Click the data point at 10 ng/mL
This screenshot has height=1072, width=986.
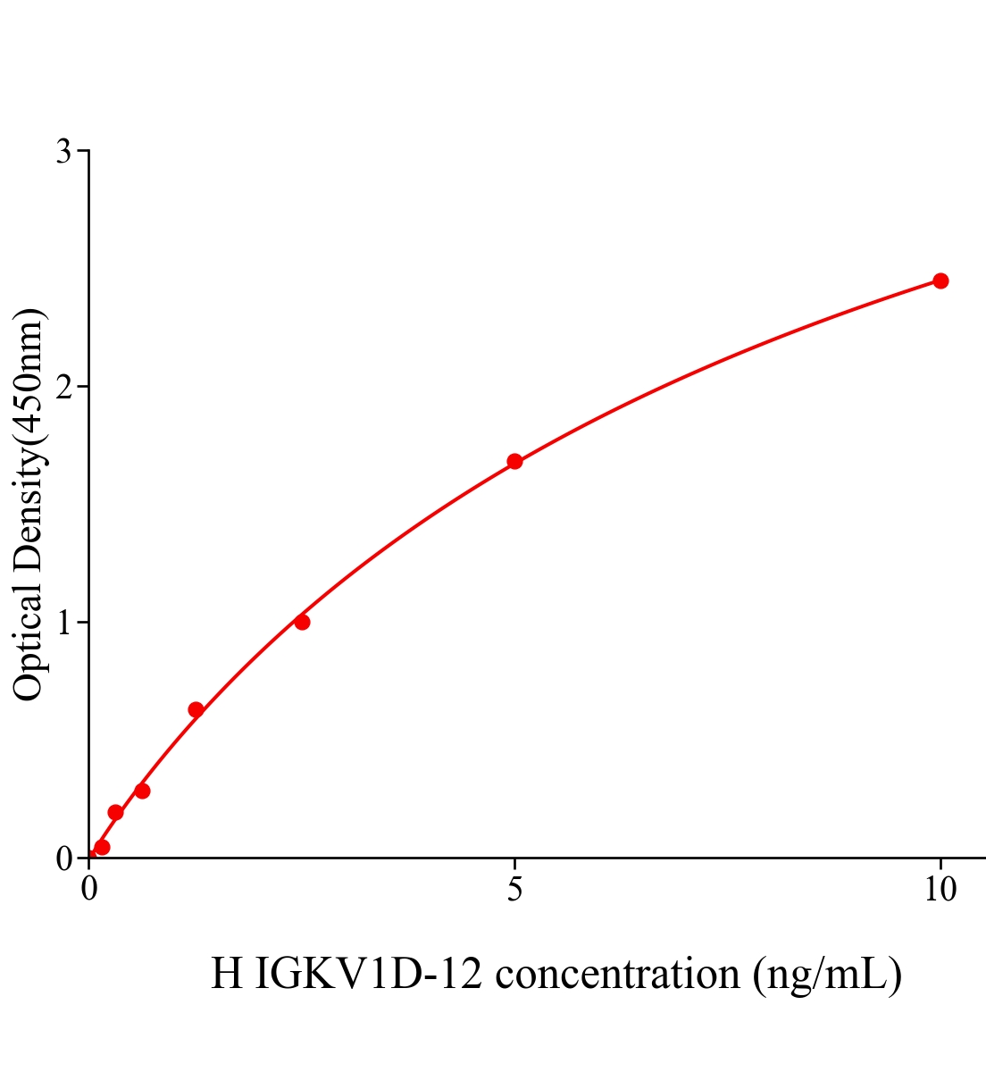point(940,281)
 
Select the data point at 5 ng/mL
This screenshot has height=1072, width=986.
point(514,461)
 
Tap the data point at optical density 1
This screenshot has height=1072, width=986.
point(302,622)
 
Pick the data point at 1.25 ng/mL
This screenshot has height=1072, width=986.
point(196,709)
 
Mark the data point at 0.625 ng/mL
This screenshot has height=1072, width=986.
point(142,791)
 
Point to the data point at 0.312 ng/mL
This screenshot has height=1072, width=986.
point(115,812)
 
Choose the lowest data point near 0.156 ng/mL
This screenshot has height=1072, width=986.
point(102,847)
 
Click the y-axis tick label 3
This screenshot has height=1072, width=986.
point(63,152)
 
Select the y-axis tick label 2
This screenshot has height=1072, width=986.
point(63,387)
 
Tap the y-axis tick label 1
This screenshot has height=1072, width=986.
point(63,623)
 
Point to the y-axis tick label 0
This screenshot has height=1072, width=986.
point(63,858)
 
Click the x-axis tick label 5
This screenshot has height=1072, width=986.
point(514,890)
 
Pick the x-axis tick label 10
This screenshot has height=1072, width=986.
point(940,890)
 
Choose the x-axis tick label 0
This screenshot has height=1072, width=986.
point(89,890)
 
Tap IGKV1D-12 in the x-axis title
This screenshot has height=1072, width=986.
point(369,974)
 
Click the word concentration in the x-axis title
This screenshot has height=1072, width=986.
point(618,974)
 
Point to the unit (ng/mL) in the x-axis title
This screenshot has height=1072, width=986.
point(827,974)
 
